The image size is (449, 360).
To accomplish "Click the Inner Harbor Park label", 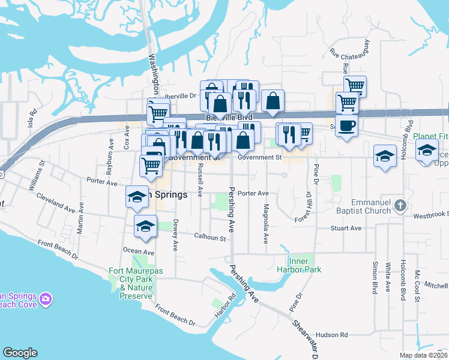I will [x=305, y=265].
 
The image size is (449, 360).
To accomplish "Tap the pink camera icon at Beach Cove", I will [x=46, y=299].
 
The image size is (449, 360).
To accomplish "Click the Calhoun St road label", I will [x=209, y=238].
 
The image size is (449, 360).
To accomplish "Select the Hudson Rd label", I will [x=331, y=335].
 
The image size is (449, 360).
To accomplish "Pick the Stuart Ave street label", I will [x=346, y=228].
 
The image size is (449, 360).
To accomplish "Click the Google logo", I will [x=19, y=353].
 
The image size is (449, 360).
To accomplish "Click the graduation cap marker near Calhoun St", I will [x=145, y=226].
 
